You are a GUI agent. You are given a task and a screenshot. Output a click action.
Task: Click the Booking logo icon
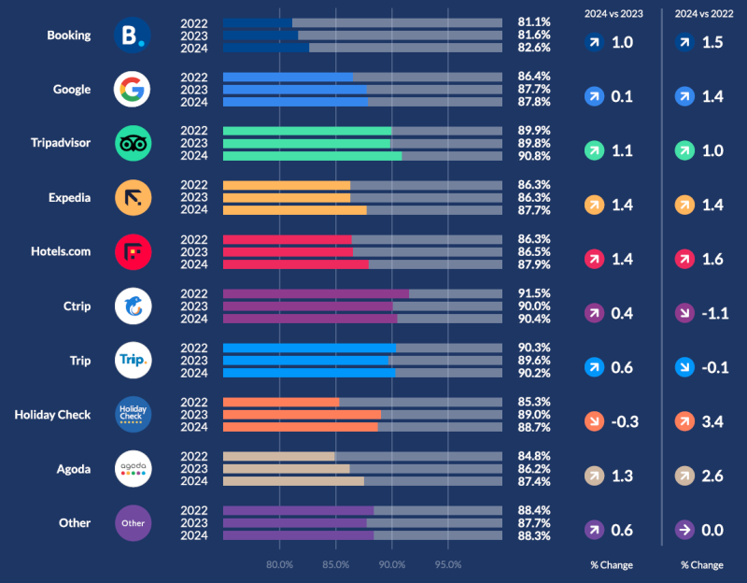pyautogui.click(x=133, y=36)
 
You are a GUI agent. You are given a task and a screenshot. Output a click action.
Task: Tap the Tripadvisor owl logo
pyautogui.click(x=133, y=144)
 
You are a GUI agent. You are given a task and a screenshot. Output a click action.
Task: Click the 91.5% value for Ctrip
pyautogui.click(x=533, y=293)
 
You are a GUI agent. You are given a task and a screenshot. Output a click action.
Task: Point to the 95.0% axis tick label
pyautogui.click(x=448, y=564)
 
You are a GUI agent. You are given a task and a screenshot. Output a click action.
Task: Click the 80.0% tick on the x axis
pyautogui.click(x=280, y=564)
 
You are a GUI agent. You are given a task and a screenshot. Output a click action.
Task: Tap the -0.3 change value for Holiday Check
pyautogui.click(x=624, y=421)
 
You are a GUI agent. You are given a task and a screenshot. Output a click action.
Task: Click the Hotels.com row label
pyautogui.click(x=62, y=251)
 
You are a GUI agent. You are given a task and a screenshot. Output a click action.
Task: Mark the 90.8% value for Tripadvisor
pyautogui.click(x=533, y=156)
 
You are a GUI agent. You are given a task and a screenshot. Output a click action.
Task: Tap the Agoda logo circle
pyautogui.click(x=133, y=468)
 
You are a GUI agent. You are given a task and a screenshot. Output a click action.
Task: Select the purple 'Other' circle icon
pyautogui.click(x=133, y=522)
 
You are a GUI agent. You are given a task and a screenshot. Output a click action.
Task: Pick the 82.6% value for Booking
pyautogui.click(x=533, y=48)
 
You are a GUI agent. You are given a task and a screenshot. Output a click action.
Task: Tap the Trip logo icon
pyautogui.click(x=133, y=360)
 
